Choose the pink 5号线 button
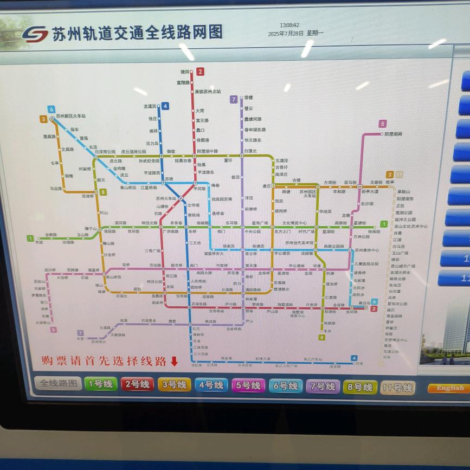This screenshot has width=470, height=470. tap(248, 385)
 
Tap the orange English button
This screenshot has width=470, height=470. tap(449, 388)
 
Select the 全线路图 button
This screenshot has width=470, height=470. tap(59, 383)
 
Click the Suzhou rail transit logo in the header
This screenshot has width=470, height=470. tap(35, 34)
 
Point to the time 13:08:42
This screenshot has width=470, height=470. tap(289, 25)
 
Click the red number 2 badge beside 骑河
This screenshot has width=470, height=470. tap(201, 72)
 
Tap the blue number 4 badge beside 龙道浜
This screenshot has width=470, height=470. tap(165, 106)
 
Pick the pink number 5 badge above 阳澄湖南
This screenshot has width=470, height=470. tap(383, 124)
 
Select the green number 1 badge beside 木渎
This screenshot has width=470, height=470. tap(30, 237)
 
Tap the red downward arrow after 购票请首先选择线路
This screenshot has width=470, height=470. tap(174, 361)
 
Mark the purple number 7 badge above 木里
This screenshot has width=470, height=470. tap(80, 333)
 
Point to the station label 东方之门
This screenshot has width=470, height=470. tap(282, 231)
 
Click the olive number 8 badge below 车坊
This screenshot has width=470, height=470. tap(321, 337)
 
